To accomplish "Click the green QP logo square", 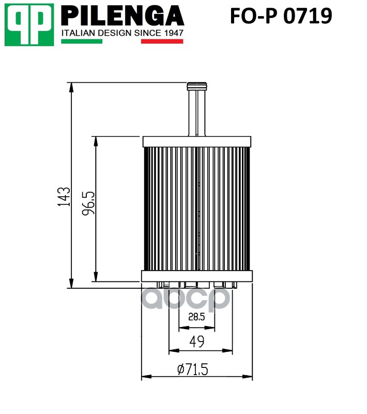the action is point(29,25).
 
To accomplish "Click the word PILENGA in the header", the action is point(123,16).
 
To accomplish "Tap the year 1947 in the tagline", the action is point(173,33).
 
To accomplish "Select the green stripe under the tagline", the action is point(82,41).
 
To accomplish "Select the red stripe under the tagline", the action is point(162,41).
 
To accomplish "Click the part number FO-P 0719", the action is point(281,16).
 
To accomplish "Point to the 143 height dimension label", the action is point(64,197).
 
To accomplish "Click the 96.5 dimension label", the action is point(88,203).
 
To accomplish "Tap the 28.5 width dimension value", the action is point(197,317).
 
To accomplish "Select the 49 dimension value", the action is point(197,342).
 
